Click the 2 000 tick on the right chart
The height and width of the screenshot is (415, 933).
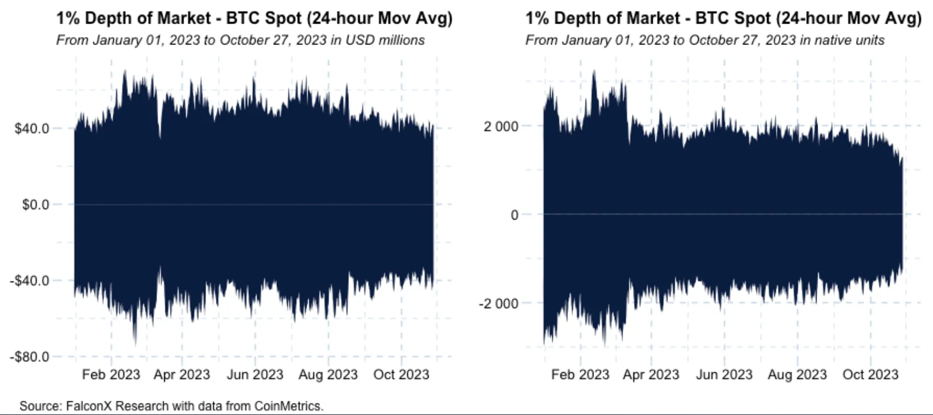tap(501, 126)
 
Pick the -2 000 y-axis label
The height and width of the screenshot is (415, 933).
tap(498, 304)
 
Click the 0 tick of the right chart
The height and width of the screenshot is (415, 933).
tap(514, 215)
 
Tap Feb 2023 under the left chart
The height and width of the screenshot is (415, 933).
tap(111, 375)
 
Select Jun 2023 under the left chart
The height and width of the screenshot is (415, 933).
tap(255, 375)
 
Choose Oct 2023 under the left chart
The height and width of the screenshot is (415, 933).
tap(401, 375)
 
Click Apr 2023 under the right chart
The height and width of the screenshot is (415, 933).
tap(651, 375)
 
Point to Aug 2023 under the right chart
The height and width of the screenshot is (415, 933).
tap(797, 375)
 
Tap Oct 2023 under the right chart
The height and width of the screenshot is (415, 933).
tap(870, 375)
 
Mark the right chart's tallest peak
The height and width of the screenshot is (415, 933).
tap(594, 72)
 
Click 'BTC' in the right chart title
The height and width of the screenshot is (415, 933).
tap(714, 19)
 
